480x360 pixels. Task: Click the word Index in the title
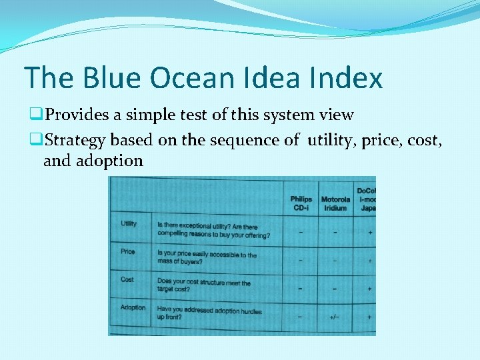click(347, 78)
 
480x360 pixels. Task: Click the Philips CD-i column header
click(301, 203)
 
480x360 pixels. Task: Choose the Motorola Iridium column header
click(335, 203)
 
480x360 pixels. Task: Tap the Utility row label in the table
click(129, 223)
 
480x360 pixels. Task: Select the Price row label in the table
click(127, 251)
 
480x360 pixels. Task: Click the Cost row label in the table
click(127, 279)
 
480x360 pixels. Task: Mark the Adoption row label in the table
click(133, 307)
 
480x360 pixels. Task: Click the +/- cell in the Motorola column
click(335, 317)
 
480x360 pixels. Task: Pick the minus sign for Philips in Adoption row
click(300, 317)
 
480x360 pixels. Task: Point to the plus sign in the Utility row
click(369, 233)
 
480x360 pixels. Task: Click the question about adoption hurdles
click(209, 313)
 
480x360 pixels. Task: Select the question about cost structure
click(203, 286)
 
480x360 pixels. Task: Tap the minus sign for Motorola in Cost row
click(335, 289)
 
